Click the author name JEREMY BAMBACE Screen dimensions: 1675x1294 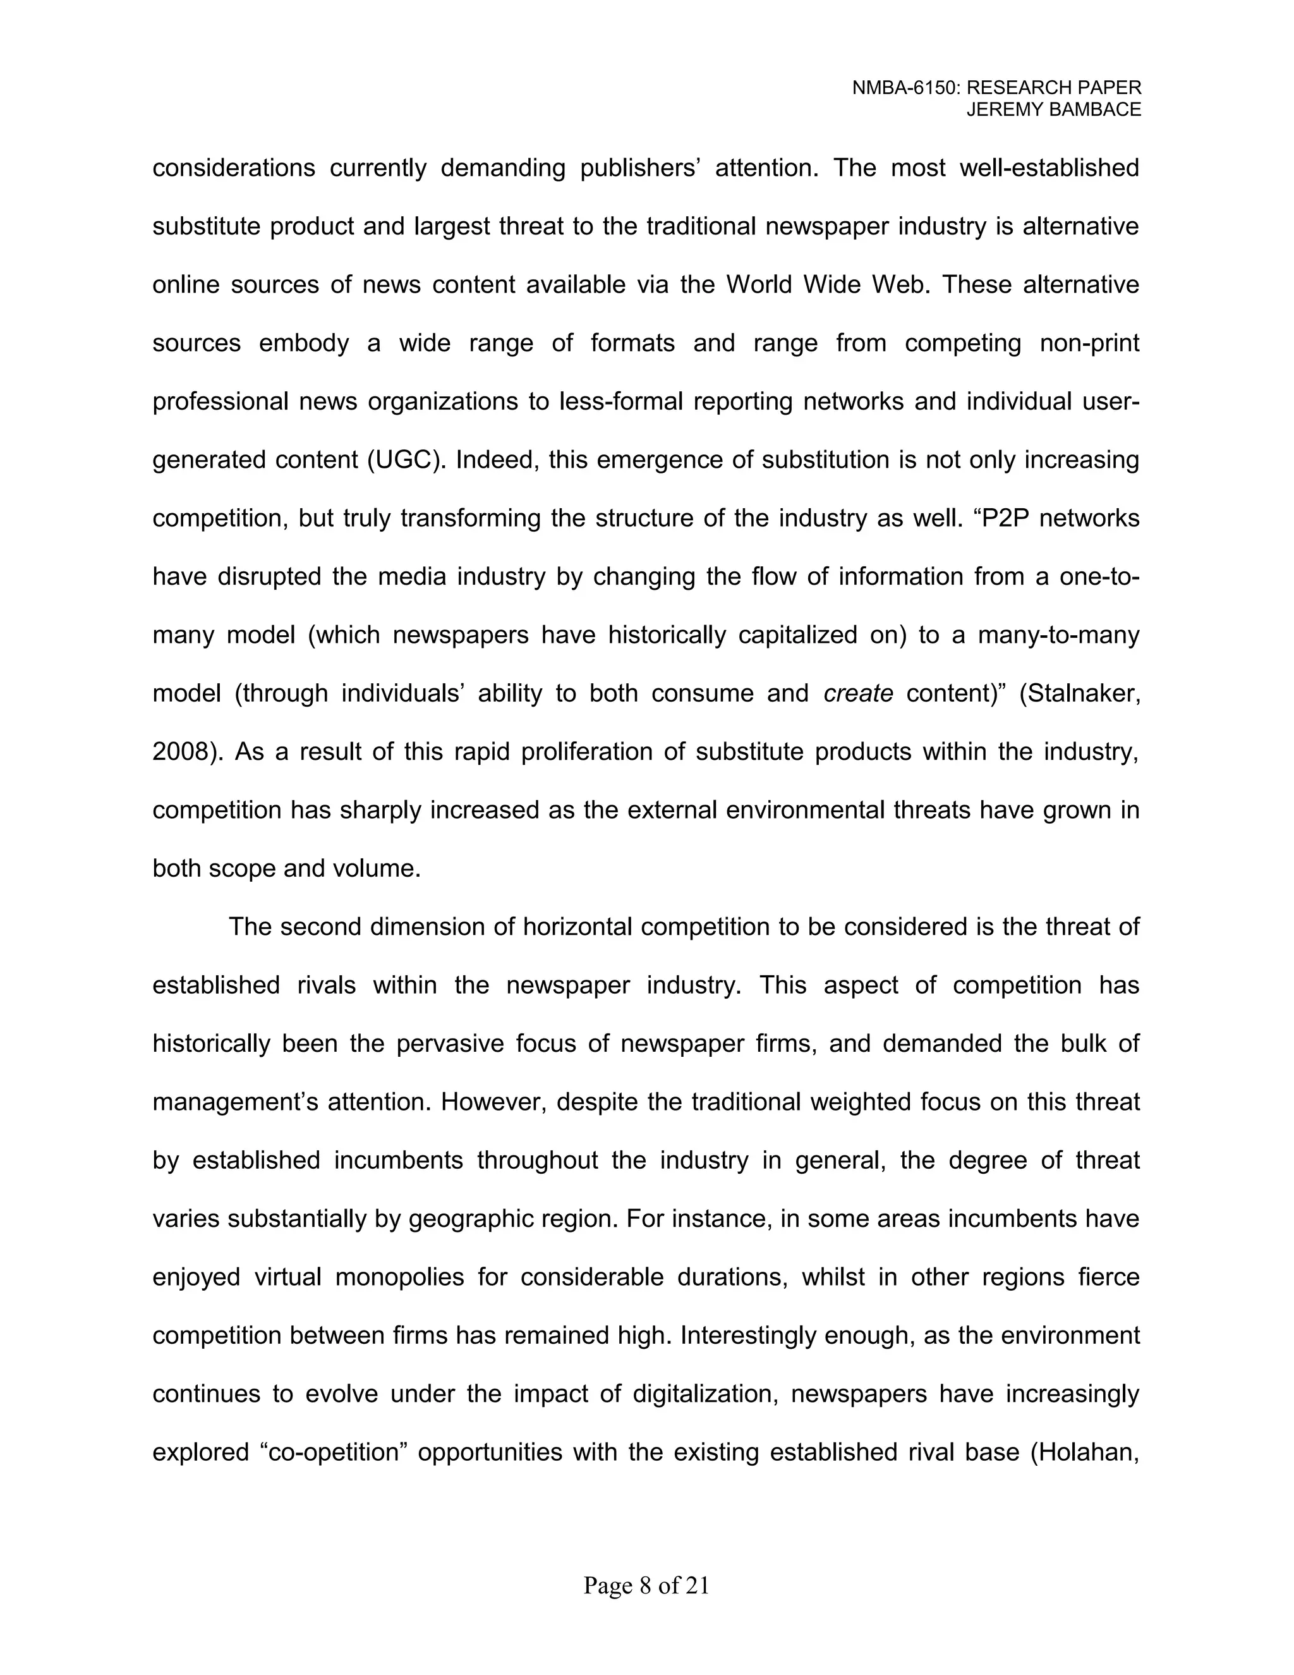(1053, 110)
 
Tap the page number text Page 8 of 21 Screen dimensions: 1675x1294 (646, 1585)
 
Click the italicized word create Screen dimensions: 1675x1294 (858, 693)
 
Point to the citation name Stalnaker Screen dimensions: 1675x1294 (1082, 693)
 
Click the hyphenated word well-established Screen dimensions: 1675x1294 (1049, 168)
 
